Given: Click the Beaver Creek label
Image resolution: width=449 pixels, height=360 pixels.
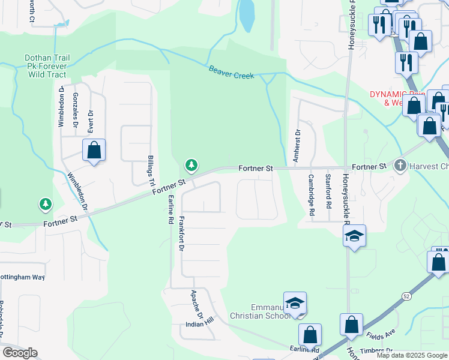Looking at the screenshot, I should [231, 72].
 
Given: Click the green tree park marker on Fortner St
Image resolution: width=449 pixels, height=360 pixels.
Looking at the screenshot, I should [191, 164].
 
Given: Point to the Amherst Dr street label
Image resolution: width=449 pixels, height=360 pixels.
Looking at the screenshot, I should [297, 146].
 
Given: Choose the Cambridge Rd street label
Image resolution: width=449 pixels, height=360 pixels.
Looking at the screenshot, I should [312, 195].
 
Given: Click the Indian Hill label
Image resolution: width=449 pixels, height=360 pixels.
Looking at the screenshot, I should [199, 324].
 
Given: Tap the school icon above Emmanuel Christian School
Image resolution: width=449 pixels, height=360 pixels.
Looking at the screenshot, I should [295, 303].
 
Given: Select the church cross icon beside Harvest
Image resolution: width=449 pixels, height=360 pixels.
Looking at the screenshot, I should [400, 165].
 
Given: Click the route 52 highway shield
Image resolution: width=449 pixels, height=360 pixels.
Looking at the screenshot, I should [407, 296].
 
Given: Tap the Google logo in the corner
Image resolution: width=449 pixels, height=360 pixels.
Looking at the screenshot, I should [20, 353].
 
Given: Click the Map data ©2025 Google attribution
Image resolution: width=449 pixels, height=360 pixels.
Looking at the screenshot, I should [411, 355].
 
